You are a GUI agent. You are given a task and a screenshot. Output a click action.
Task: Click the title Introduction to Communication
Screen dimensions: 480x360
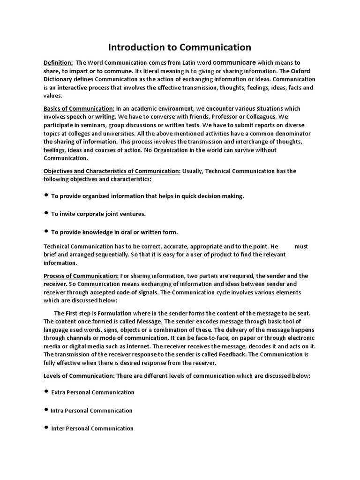tap(180, 47)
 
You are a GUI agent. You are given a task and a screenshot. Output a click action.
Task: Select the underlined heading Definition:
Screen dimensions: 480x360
tap(58, 63)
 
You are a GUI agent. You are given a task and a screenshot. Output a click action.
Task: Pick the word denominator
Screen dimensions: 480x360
tap(291, 134)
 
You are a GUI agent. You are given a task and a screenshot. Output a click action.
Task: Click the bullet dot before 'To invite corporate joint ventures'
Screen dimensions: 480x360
tap(46, 213)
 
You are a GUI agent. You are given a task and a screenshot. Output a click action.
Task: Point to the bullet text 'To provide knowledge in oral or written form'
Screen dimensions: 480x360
tap(114, 232)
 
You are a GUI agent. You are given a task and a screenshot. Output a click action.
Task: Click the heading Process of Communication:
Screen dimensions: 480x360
tap(81, 276)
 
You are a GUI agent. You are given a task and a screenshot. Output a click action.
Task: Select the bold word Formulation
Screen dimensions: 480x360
tap(115, 313)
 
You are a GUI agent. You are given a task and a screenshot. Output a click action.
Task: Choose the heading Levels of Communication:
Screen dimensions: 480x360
tap(79, 376)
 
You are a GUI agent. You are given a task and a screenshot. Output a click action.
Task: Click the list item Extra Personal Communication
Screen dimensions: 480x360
tap(92, 392)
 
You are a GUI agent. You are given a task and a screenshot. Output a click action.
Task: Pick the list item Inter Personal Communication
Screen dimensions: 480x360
tap(92, 428)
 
